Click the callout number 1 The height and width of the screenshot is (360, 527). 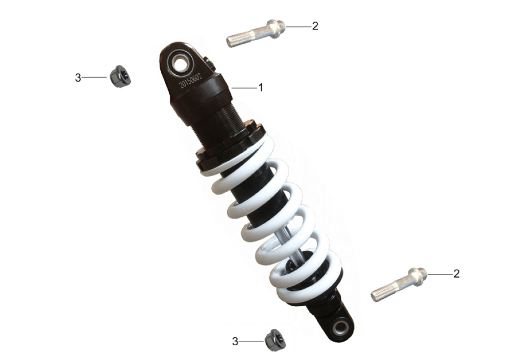(x=260, y=87)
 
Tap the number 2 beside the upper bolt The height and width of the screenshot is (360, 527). (x=315, y=26)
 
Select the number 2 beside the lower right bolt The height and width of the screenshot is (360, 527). (x=456, y=274)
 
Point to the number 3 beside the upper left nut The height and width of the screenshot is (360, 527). (x=78, y=78)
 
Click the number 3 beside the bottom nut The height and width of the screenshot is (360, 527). (x=235, y=342)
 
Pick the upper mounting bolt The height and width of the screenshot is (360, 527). (x=256, y=33)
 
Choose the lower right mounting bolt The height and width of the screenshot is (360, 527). (x=399, y=285)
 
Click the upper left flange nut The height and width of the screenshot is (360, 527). (x=120, y=76)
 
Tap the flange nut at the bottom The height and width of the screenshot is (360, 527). (x=275, y=340)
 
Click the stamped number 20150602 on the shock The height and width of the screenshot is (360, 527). (x=191, y=80)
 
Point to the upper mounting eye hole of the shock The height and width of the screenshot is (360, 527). (x=180, y=62)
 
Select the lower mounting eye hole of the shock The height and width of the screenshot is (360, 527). (x=341, y=327)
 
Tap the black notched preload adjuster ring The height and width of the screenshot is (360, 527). (x=231, y=145)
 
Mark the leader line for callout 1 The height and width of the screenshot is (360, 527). (x=245, y=88)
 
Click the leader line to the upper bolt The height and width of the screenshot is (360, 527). (x=298, y=26)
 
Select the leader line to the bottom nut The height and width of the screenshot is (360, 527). (x=251, y=342)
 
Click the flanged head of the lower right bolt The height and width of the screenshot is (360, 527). (x=418, y=276)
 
